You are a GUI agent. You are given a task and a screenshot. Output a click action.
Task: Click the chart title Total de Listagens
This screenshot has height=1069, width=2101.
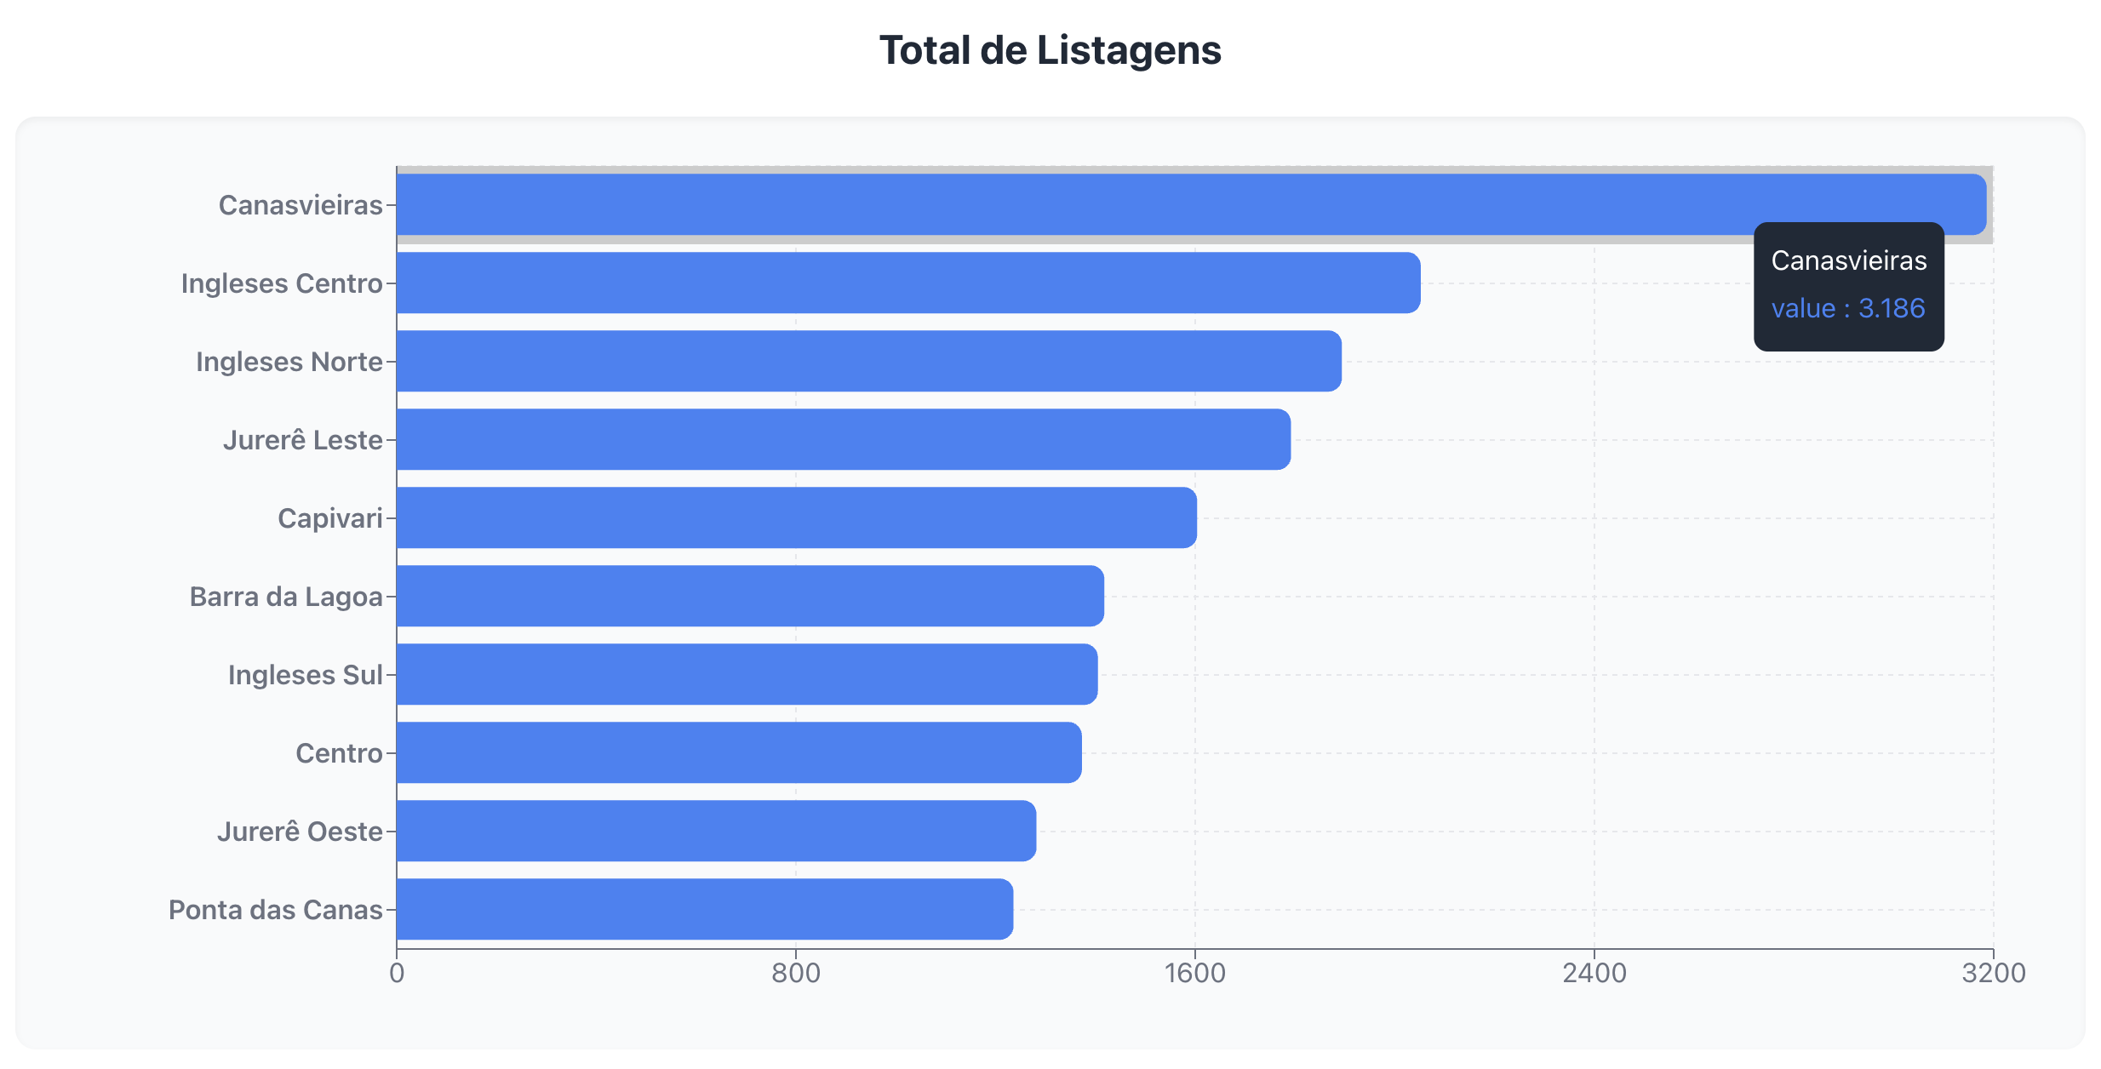click(x=1050, y=50)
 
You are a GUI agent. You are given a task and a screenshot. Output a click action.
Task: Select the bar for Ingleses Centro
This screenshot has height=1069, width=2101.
click(x=907, y=283)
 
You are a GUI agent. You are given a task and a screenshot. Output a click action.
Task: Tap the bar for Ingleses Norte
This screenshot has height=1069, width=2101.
click(x=868, y=361)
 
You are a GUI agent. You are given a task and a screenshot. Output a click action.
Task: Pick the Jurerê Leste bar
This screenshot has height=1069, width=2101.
click(x=843, y=439)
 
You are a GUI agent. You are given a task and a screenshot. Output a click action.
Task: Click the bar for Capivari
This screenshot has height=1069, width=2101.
click(x=796, y=517)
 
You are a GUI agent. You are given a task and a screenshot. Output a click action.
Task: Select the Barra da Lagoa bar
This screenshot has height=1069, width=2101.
click(x=749, y=596)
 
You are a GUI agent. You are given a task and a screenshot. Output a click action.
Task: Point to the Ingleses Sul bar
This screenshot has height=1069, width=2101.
click(x=747, y=674)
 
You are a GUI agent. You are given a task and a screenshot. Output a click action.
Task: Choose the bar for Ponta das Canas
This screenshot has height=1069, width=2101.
click(x=704, y=909)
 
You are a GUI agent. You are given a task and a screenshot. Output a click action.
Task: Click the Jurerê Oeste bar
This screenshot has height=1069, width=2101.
click(x=716, y=831)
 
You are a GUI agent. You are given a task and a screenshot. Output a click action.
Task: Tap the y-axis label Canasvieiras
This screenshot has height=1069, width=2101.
click(x=301, y=205)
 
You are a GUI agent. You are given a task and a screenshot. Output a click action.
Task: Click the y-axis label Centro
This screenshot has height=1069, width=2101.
click(x=339, y=753)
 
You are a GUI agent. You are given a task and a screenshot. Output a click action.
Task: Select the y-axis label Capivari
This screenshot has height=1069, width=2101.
click(x=330, y=518)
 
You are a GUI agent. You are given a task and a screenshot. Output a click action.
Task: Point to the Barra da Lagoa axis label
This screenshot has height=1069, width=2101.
click(x=286, y=597)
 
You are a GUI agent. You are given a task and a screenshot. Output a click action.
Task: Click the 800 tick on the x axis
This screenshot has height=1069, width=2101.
click(x=795, y=973)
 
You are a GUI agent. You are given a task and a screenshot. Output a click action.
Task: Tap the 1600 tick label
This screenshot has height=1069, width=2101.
click(x=1194, y=973)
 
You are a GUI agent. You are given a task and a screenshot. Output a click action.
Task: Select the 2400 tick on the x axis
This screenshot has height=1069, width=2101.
click(x=1594, y=973)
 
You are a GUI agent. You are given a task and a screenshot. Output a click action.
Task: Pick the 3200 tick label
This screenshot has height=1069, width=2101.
click(x=1993, y=973)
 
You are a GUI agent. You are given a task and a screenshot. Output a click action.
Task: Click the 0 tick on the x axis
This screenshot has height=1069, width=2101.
click(x=397, y=973)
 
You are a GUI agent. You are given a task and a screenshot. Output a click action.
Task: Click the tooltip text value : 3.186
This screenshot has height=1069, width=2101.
click(x=1847, y=308)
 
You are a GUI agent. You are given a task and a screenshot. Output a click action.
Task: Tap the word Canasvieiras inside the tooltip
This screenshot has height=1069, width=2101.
click(x=1848, y=260)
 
